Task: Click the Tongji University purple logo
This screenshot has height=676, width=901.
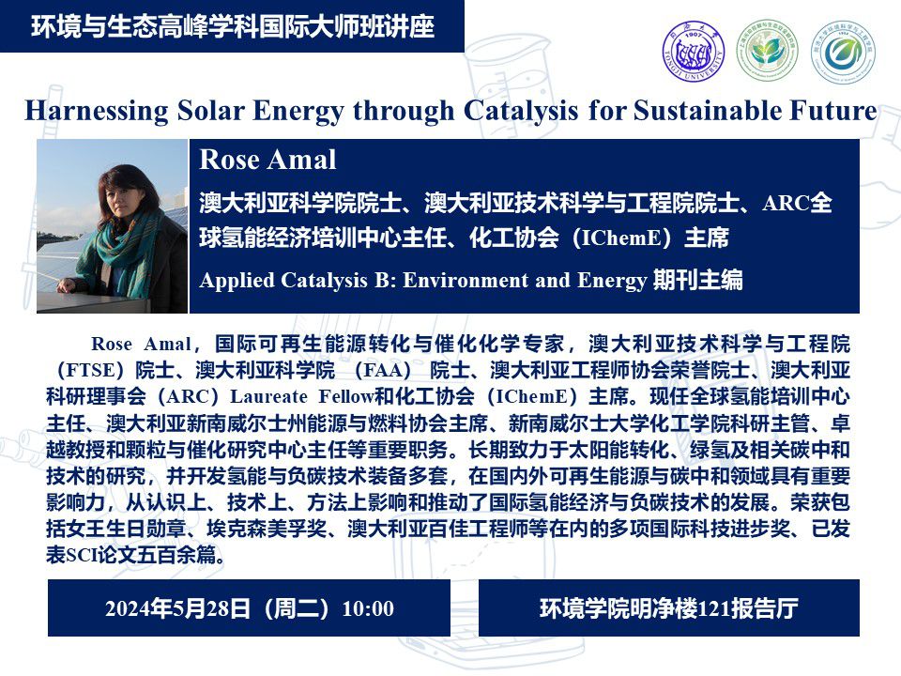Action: (x=694, y=51)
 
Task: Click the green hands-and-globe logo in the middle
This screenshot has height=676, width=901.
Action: (x=767, y=51)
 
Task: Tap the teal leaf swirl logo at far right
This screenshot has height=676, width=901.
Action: (x=843, y=51)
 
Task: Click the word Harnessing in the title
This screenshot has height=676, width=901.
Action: (x=97, y=111)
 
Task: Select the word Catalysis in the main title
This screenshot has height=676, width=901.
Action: (x=521, y=111)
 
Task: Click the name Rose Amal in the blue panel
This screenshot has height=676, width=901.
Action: (x=267, y=160)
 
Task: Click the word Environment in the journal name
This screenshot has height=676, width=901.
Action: (x=466, y=280)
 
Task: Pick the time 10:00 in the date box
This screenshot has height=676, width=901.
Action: (x=368, y=608)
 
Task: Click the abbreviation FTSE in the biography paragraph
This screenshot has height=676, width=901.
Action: (x=88, y=370)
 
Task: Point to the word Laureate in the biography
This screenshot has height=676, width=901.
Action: (x=269, y=396)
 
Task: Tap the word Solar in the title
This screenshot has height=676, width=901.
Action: (x=211, y=111)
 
